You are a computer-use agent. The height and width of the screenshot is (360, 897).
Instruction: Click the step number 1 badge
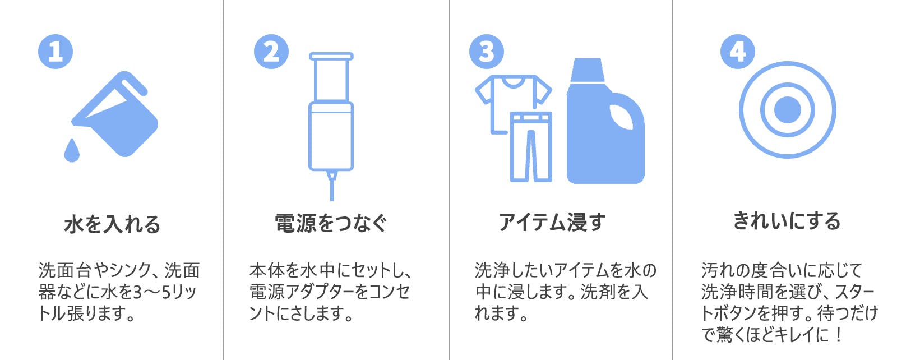tap(56, 52)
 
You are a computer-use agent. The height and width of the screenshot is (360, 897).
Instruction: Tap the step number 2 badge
tap(271, 52)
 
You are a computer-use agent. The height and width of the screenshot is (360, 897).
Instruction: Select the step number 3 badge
tap(487, 52)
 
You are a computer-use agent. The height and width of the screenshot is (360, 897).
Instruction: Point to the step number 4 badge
tap(738, 52)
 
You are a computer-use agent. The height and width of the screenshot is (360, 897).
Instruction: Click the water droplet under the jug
tap(72, 151)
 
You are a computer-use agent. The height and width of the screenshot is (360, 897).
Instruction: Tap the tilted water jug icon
tap(116, 114)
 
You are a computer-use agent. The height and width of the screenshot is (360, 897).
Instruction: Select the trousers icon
tap(531, 146)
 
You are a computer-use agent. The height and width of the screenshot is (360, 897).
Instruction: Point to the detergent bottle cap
tap(587, 70)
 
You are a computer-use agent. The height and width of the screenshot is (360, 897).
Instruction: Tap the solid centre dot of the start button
tap(788, 110)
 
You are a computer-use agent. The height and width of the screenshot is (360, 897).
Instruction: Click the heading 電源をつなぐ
tap(331, 223)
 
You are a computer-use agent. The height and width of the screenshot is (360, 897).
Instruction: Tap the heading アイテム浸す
tap(552, 222)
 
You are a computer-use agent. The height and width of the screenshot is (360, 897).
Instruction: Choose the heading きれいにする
tap(787, 221)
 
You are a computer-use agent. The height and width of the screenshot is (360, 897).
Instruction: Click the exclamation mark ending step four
tap(839, 335)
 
